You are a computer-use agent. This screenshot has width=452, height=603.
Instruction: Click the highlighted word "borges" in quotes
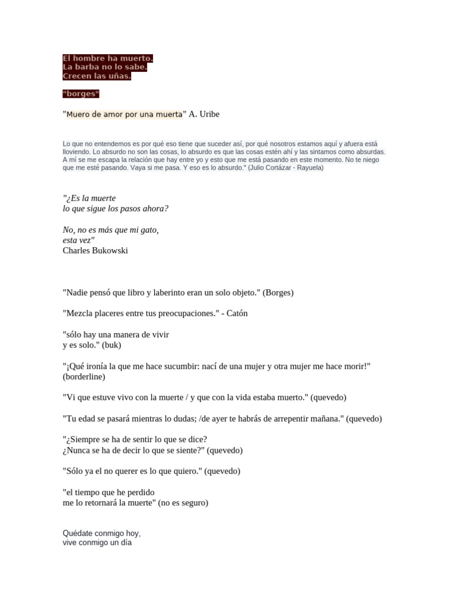point(81,94)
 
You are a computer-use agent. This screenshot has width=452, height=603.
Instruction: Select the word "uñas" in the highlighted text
point(119,76)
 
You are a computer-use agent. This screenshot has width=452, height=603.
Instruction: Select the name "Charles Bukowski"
point(95,251)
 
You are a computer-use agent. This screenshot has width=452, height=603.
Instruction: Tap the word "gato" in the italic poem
point(147,230)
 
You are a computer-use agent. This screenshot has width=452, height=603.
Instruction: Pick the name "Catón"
point(235,313)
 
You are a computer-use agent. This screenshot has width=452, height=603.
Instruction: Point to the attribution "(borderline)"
point(84,376)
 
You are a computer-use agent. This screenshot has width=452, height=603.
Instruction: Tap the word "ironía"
point(99,366)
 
